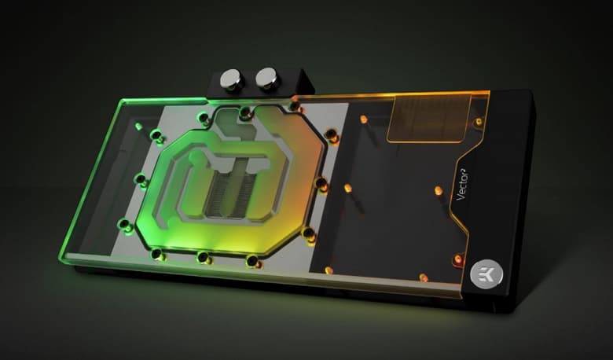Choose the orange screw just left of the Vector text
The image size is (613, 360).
[x=436, y=191]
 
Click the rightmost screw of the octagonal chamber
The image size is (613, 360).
[x=321, y=186]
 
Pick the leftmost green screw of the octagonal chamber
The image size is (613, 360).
[x=141, y=182]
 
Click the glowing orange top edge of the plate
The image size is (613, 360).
[x=377, y=97]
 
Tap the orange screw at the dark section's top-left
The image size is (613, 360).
[x=363, y=119]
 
